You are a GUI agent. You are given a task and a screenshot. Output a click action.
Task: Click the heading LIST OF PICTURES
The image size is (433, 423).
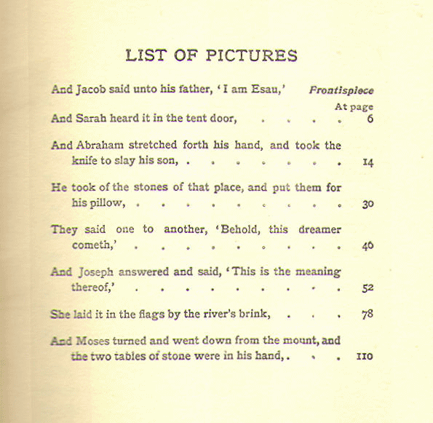tap(211, 56)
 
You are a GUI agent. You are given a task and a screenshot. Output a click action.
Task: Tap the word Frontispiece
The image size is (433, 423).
tap(341, 91)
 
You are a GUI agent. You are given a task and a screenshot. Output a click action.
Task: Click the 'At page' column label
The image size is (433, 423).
tap(354, 106)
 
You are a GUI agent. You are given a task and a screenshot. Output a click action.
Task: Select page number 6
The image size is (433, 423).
tap(370, 119)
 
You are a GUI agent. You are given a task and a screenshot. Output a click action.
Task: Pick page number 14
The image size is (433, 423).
tap(368, 163)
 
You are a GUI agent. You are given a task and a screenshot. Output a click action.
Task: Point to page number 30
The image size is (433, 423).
tap(368, 205)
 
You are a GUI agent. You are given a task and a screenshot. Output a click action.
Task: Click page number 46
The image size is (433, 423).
tap(368, 246)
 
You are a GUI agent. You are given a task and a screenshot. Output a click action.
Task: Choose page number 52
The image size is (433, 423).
tap(368, 288)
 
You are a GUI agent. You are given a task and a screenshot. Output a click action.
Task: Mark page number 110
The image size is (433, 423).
tap(365, 357)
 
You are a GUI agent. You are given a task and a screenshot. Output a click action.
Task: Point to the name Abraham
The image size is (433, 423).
tap(99, 145)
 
